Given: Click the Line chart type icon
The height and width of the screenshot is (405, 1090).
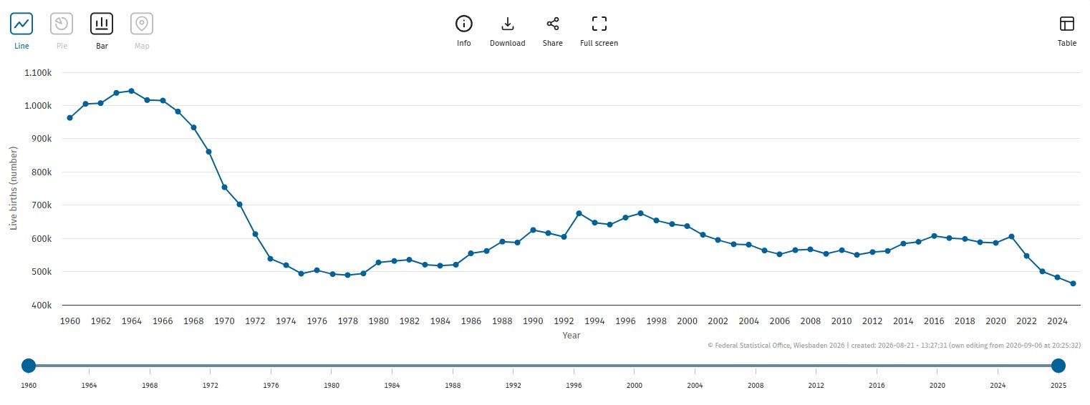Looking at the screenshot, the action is (21, 24).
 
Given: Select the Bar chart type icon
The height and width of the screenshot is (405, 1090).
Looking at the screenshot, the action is (102, 24).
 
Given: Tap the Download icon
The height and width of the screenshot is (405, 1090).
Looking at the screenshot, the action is (508, 24).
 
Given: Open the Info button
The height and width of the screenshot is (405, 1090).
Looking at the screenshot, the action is (464, 24).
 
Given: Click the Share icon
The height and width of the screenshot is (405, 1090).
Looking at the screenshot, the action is (553, 24).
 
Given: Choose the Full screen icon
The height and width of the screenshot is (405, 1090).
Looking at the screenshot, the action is (599, 24).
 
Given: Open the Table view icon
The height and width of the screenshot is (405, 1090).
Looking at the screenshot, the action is (1066, 24).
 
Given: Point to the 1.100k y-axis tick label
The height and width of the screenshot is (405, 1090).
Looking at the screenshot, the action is (38, 73).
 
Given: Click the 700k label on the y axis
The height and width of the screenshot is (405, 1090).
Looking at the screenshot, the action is (42, 205).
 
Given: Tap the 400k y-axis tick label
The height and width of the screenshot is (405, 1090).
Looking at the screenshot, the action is (42, 306).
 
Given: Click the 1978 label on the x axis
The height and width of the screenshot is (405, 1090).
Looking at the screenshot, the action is (348, 321).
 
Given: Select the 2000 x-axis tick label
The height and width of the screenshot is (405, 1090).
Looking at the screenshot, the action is (687, 321).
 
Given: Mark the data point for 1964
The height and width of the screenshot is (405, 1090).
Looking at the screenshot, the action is (131, 91).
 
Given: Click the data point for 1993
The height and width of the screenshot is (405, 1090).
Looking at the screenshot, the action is (579, 213).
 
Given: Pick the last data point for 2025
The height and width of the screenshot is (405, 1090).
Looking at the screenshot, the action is (1073, 283).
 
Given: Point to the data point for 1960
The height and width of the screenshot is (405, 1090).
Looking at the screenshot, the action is (69, 117).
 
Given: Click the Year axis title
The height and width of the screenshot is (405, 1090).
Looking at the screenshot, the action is (571, 335).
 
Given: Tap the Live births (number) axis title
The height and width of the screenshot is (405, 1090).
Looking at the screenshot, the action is (13, 188).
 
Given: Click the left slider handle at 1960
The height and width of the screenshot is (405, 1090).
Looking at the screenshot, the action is (29, 366).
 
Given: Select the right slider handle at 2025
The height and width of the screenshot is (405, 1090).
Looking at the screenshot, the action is (1058, 366).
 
